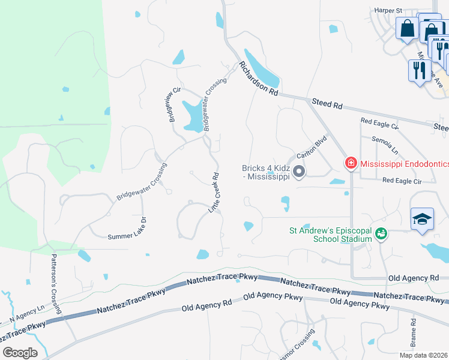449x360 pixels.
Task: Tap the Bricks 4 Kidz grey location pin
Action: click(299, 173)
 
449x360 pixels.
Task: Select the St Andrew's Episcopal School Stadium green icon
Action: click(380, 233)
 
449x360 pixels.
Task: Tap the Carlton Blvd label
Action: click(311, 146)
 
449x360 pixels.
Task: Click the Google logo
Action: click(20, 353)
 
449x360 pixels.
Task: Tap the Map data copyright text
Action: click(423, 355)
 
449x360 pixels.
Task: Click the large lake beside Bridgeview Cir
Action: click(193, 115)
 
